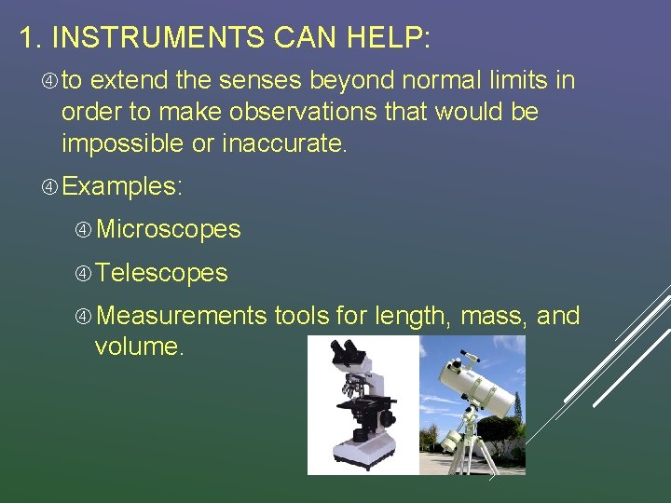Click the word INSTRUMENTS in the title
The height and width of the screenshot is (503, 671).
point(157,38)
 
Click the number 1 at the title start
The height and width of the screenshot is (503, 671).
point(26,38)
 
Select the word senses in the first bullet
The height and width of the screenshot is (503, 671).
point(257,81)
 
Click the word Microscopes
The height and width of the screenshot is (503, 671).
point(168,229)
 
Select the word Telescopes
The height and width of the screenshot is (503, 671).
point(161,273)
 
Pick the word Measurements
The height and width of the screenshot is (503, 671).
point(181,317)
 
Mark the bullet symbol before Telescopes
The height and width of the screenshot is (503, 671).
point(84,273)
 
